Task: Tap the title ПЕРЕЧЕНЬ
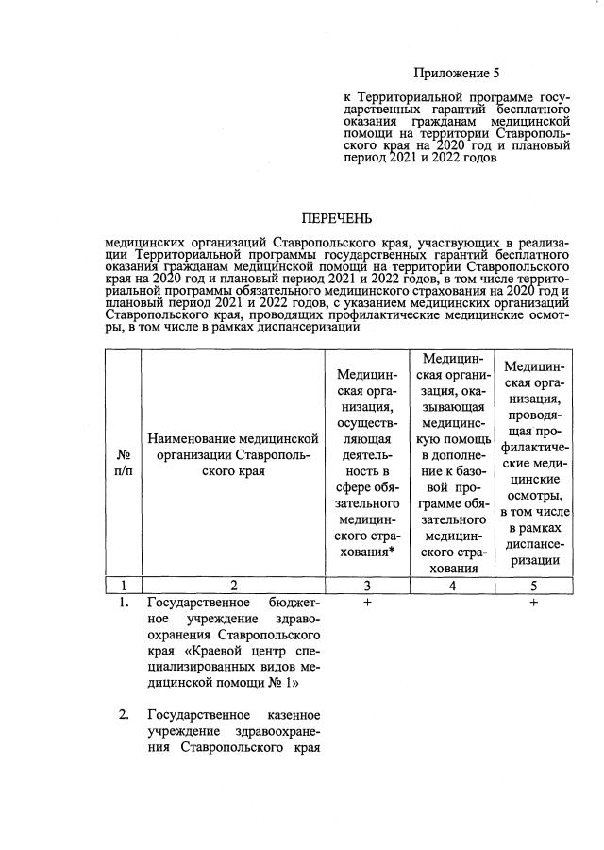coord(335,219)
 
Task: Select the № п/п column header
coord(122,463)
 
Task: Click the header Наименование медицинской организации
coord(232,454)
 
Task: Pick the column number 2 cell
coord(232,586)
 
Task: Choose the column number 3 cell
coord(366,586)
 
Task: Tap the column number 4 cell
coord(450,586)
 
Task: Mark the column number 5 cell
coord(533,586)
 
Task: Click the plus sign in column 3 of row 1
coord(366,603)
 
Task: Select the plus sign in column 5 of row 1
coord(533,603)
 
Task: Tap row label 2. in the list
coord(124,713)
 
